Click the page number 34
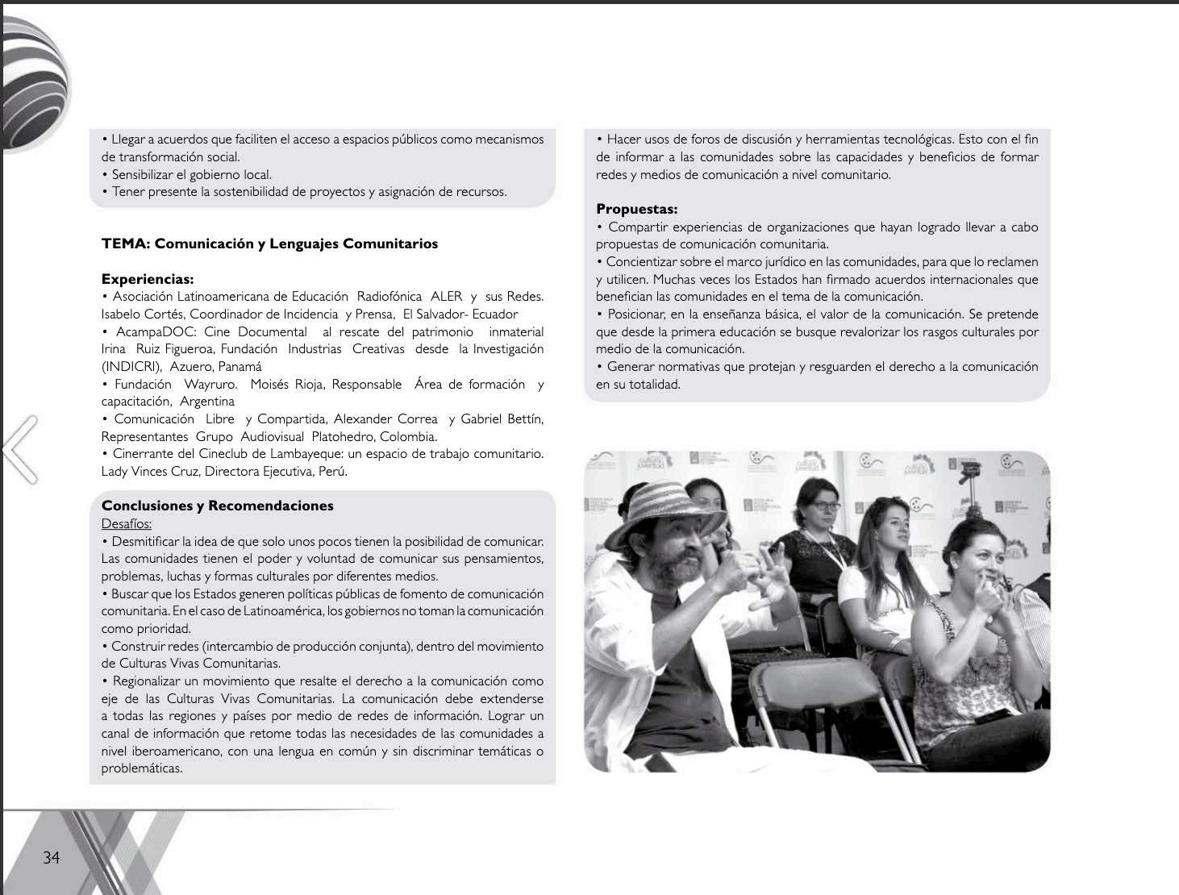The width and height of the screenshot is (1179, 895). pyautogui.click(x=51, y=857)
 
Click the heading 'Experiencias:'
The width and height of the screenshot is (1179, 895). pyautogui.click(x=148, y=279)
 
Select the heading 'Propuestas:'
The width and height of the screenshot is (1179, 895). pyautogui.click(x=636, y=210)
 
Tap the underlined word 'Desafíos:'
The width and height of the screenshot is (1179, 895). pyautogui.click(x=126, y=524)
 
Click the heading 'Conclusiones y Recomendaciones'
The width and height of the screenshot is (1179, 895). pyautogui.click(x=217, y=506)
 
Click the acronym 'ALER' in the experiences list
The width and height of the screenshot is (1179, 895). pyautogui.click(x=446, y=297)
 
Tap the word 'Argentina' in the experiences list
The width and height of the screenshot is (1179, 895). pyautogui.click(x=207, y=402)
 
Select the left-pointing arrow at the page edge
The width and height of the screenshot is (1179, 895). pyautogui.click(x=19, y=448)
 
